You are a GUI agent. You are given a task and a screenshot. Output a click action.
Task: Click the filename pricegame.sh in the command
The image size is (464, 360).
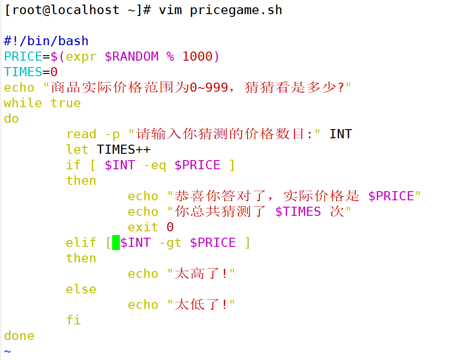(x=236, y=10)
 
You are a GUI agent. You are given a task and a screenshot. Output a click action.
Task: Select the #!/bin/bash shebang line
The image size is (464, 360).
(x=46, y=41)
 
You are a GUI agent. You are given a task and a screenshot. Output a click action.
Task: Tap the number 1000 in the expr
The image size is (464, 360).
(x=197, y=57)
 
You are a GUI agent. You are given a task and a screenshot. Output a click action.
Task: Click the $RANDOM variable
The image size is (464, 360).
(x=132, y=57)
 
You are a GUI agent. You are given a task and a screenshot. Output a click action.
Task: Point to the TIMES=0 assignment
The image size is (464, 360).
(x=31, y=72)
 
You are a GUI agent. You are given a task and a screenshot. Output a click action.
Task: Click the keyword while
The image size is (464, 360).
(x=23, y=103)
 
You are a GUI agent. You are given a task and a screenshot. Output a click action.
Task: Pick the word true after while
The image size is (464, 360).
(x=66, y=103)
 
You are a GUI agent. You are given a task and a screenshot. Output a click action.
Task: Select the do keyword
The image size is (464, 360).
(x=11, y=119)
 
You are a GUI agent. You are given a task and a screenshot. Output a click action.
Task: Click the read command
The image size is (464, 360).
(x=81, y=134)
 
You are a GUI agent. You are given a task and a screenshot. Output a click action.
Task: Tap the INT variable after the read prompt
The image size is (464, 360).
(x=340, y=134)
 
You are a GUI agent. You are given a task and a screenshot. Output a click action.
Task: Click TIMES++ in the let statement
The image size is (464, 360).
(x=124, y=150)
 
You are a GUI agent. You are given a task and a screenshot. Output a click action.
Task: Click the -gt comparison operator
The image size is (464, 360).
(x=170, y=243)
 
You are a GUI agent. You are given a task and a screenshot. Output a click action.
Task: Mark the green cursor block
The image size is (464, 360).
(x=116, y=243)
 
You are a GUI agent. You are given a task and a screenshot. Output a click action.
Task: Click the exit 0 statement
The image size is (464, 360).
(x=150, y=227)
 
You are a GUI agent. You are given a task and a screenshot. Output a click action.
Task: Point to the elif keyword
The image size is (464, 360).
(x=81, y=243)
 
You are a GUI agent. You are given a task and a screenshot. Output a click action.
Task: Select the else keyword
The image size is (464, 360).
(x=81, y=289)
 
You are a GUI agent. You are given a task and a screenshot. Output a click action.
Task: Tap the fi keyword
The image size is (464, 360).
(x=73, y=320)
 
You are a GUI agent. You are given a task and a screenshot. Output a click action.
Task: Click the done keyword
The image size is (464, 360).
(x=19, y=336)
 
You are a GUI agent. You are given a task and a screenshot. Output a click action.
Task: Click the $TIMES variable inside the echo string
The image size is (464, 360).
(x=298, y=212)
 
